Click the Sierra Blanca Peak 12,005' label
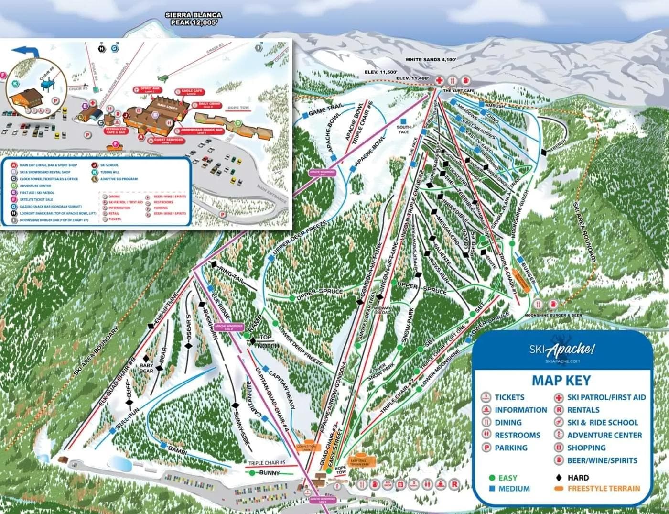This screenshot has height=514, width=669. (x=194, y=19)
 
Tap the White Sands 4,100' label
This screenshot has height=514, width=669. (x=431, y=60)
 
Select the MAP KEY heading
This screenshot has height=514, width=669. (x=561, y=381)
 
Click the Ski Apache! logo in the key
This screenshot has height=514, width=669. (x=561, y=350)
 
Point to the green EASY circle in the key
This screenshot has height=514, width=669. (x=492, y=478)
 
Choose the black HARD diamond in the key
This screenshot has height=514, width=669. (x=559, y=478)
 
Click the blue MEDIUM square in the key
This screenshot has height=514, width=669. (x=492, y=489)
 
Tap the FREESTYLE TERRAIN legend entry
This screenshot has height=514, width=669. (x=603, y=489)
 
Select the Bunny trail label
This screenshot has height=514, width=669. (x=269, y=473)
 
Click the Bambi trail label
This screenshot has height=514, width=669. (x=177, y=450)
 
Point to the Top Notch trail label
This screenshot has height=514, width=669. (x=268, y=341)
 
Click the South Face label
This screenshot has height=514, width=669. (x=404, y=130)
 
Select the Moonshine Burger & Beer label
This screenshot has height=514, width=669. (x=553, y=316)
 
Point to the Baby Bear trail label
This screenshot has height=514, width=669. (x=147, y=368)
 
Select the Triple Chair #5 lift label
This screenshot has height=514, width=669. (x=267, y=463)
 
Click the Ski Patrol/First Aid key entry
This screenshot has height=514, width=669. (x=600, y=397)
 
